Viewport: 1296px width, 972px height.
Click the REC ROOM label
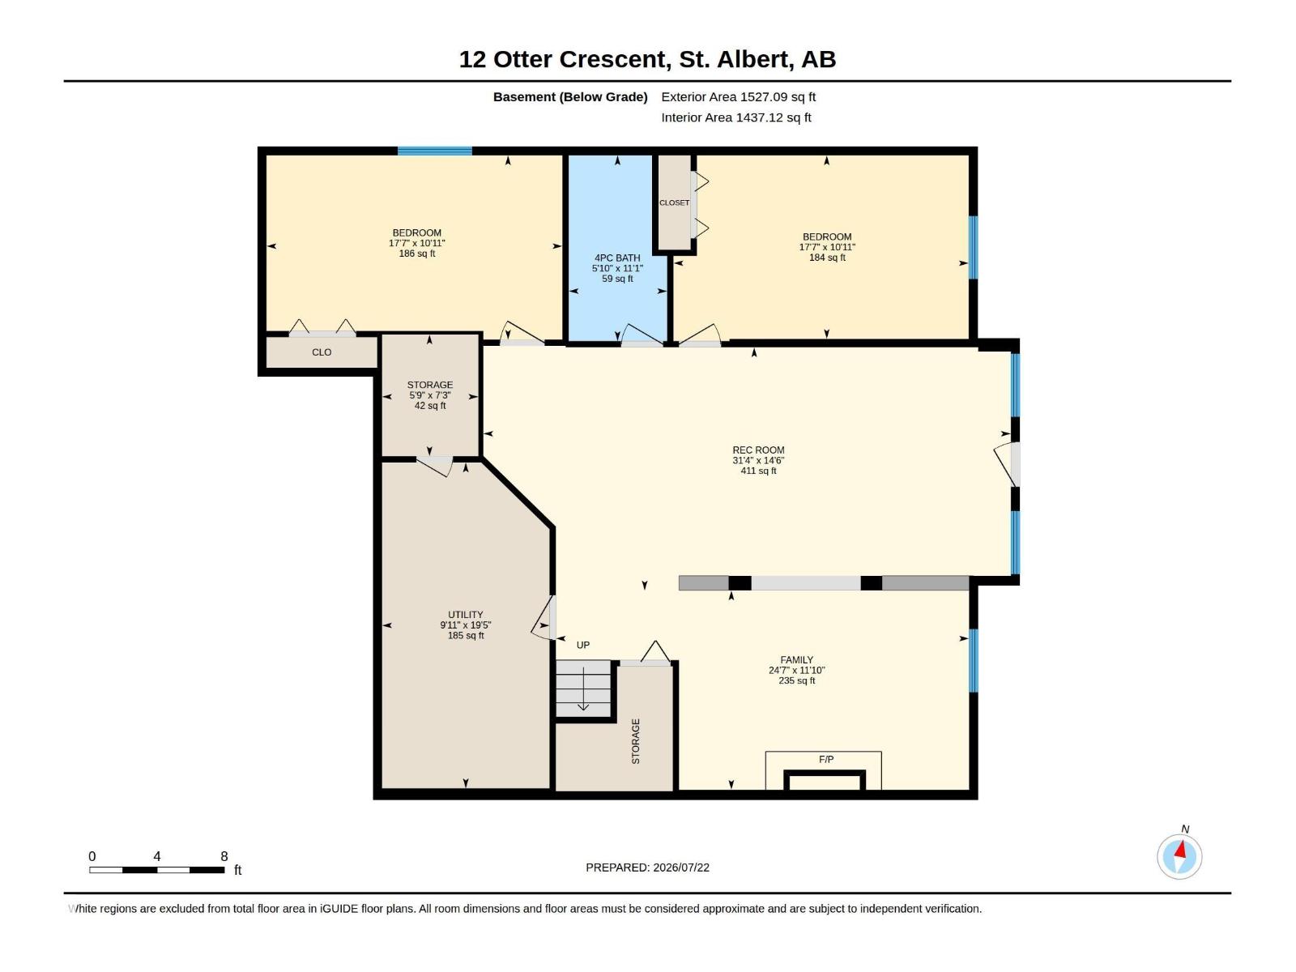tap(758, 450)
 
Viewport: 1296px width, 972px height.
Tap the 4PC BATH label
tap(617, 258)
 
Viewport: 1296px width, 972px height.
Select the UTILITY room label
tap(465, 614)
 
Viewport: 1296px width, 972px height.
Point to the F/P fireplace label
tap(826, 760)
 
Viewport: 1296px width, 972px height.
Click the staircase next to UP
tap(583, 688)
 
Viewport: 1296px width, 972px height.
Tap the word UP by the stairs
tap(582, 645)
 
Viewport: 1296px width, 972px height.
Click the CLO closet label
tap(322, 352)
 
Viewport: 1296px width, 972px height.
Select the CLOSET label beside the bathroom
tap(674, 202)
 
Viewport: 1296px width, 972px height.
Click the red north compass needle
tap(1181, 850)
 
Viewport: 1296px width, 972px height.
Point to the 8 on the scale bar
tap(224, 856)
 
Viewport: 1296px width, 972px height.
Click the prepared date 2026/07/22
tap(680, 868)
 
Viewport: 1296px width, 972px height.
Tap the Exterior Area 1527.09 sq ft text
tap(738, 96)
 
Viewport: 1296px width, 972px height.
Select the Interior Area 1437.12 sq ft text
tap(735, 117)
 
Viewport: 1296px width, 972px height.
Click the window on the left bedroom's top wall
tap(434, 151)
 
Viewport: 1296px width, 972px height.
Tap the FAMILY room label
tap(796, 660)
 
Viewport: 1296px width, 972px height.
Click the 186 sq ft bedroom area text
tap(417, 254)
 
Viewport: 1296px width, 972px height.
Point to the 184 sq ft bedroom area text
tap(827, 258)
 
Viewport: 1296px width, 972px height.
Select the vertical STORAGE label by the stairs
tap(635, 741)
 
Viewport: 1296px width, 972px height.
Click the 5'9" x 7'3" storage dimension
tap(430, 395)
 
